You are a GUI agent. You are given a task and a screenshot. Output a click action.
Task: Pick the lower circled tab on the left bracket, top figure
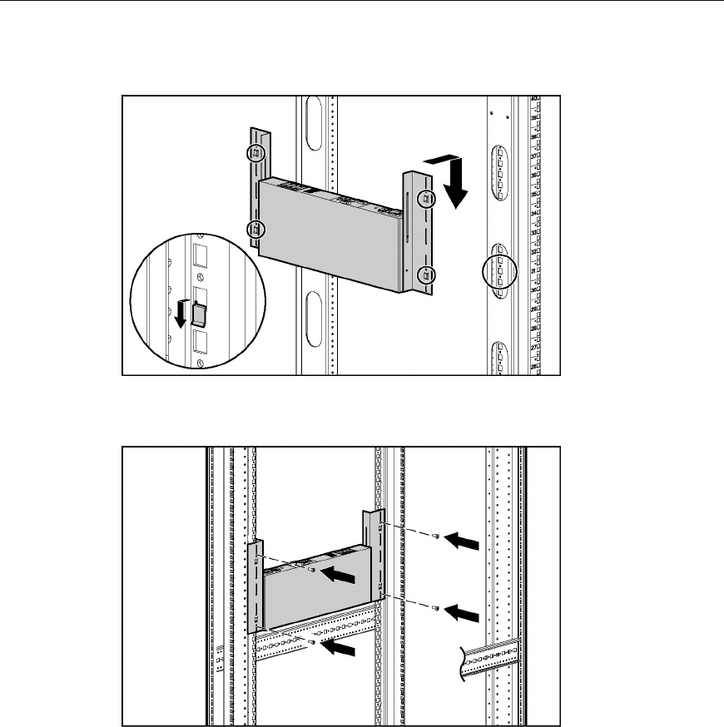pos(255,229)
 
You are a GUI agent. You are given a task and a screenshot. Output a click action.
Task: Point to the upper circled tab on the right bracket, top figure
pos(425,198)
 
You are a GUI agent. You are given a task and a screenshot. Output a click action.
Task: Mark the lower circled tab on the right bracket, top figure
pos(425,274)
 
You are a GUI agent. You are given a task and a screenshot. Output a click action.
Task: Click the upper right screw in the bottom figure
pos(435,538)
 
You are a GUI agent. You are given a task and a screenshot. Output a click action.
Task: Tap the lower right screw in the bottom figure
pos(435,610)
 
